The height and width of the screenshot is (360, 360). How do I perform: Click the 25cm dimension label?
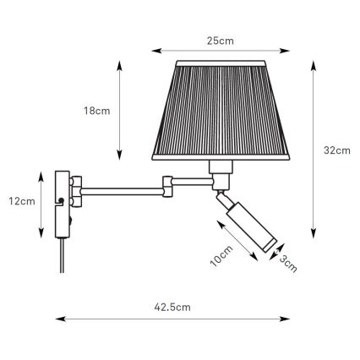(x=222, y=40)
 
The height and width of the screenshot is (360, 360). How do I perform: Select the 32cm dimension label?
(x=337, y=150)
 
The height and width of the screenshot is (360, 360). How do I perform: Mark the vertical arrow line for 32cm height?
(x=314, y=150)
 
